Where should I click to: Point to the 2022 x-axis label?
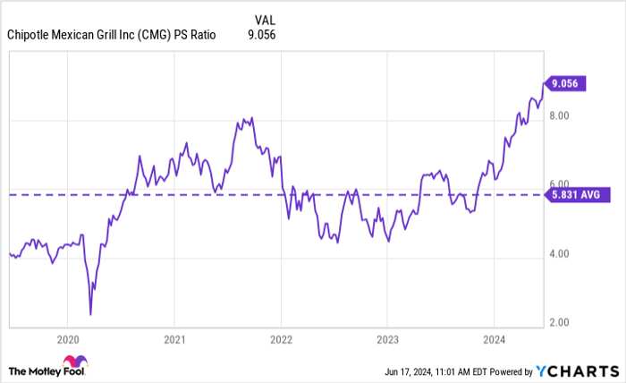point(281,339)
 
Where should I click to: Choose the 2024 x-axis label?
point(494,339)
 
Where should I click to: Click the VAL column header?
point(266,18)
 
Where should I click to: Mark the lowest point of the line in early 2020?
point(91,314)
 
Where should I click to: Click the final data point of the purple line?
point(543,84)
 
